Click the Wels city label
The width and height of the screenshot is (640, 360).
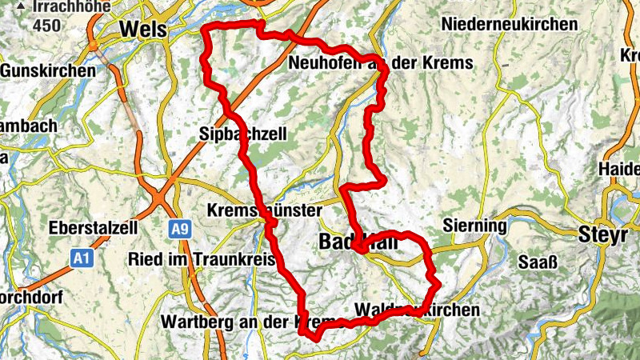point(143,30)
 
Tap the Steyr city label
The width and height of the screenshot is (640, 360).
point(599,235)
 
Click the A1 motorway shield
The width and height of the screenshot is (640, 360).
point(80,258)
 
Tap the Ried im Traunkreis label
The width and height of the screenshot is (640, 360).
point(189,260)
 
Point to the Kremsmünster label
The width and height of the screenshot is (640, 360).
point(264,210)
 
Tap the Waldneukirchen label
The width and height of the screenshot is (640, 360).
point(416,310)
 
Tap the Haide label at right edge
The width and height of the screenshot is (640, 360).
point(621,170)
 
